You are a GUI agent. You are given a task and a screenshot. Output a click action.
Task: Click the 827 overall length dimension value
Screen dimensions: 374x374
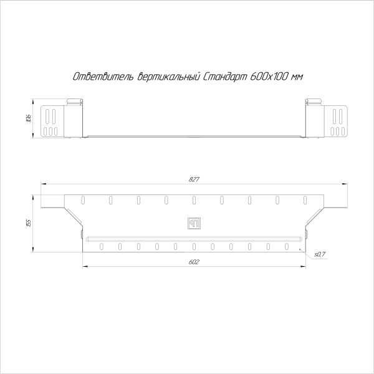(193, 180)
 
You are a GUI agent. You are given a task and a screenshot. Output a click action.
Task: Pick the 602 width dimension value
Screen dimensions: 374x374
(193, 262)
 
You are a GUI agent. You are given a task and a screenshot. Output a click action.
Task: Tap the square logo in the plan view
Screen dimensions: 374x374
(193, 223)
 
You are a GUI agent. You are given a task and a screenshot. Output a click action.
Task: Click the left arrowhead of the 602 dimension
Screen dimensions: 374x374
(84, 266)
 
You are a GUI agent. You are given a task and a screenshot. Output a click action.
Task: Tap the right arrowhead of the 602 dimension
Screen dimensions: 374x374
(304, 266)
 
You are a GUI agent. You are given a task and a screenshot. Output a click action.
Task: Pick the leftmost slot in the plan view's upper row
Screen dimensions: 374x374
(82, 200)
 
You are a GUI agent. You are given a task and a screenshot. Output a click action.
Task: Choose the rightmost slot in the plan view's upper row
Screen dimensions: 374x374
(305, 200)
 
